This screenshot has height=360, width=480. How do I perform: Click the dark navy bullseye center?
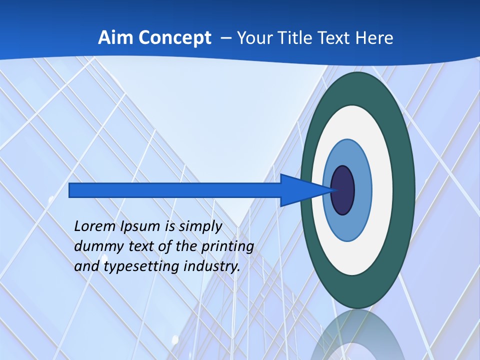[x=343, y=190]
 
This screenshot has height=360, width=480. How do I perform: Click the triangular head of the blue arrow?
[x=300, y=190]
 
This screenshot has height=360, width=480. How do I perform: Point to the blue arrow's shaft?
[x=175, y=190]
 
